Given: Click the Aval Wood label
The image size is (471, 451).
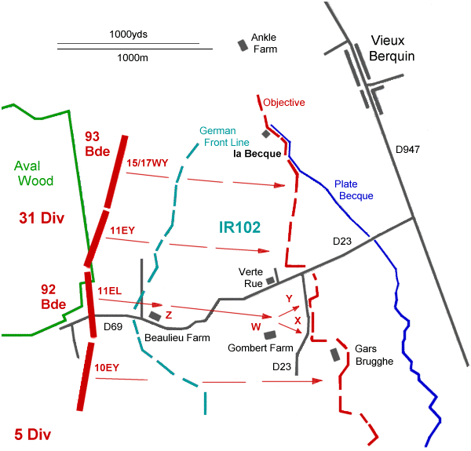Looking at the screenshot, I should point(34,173).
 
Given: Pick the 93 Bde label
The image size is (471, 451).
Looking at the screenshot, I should point(97,144).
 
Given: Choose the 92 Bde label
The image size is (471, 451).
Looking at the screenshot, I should point(53,296).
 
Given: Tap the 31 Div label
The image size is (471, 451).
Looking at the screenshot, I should point(39,216).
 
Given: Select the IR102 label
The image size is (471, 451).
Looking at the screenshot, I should point(239,227).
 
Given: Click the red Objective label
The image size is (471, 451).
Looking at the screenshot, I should point(284,103).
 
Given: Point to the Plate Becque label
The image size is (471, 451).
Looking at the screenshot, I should point(353,189).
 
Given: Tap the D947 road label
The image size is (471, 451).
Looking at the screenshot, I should point(409,149).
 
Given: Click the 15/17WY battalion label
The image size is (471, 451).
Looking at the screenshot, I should point(146,162).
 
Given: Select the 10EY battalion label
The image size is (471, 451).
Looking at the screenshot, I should point(107,367).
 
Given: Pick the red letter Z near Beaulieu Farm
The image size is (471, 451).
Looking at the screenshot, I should point(168,315).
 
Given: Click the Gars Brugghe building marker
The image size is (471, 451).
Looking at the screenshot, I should point(336,355).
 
